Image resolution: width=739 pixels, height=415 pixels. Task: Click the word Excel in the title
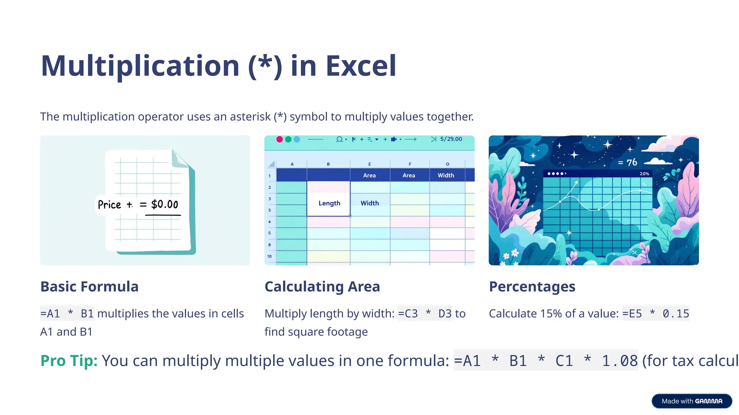pos(361,66)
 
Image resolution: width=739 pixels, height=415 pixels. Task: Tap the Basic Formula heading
pos(89,287)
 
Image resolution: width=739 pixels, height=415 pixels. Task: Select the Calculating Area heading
pos(322,287)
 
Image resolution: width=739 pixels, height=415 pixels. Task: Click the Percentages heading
pos(532,287)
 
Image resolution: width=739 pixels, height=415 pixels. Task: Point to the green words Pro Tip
pos(69,361)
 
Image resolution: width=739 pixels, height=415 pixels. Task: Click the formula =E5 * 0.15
pos(655,313)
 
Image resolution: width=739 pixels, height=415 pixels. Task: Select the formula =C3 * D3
pos(424,313)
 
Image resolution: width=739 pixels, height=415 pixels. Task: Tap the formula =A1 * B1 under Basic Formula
pos(67,313)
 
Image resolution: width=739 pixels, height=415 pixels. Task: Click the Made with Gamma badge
pos(691,401)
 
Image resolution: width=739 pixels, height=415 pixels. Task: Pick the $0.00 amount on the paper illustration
pos(165,204)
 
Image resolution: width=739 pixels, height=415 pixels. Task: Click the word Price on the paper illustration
pos(109,205)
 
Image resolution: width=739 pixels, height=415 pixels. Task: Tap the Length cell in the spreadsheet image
pos(329,203)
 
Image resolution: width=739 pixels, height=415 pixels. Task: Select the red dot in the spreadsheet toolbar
pos(279,139)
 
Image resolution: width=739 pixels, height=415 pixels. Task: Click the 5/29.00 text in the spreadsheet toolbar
pos(451,139)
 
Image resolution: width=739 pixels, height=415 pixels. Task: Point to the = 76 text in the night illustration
pos(628,162)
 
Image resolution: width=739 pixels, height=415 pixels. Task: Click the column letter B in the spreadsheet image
pos(328,164)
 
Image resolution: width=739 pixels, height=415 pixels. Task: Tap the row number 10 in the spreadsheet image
pos(269,256)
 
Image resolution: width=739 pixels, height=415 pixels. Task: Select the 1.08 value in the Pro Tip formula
pos(620,361)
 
